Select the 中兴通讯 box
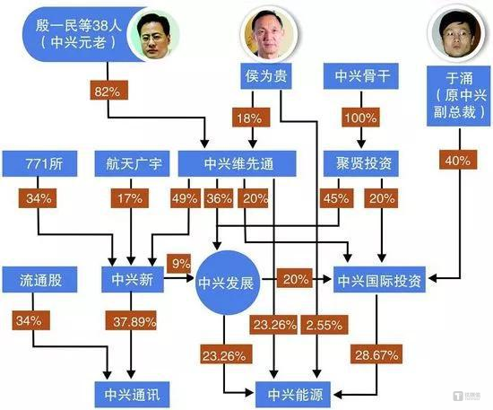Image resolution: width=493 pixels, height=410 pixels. [x=133, y=391]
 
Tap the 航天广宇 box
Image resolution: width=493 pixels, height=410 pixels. [x=133, y=164]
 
